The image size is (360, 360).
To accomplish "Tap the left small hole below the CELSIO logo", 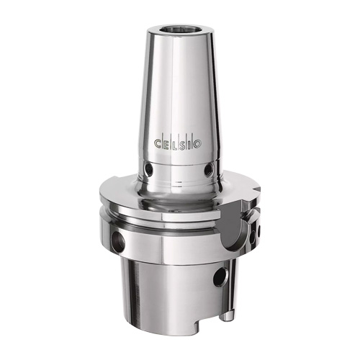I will click(x=148, y=170).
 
